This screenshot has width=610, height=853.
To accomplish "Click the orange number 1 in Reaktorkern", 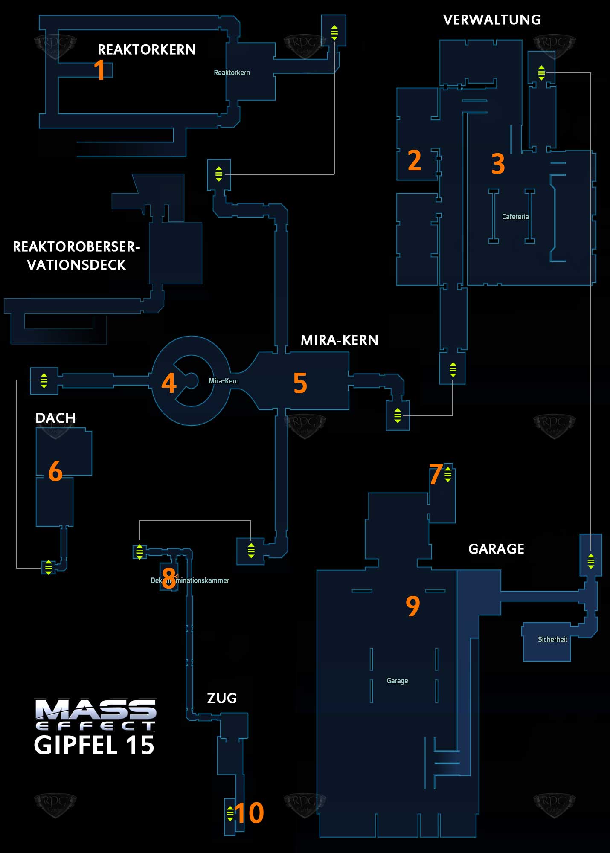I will [99, 70].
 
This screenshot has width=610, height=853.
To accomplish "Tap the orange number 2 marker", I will [414, 161].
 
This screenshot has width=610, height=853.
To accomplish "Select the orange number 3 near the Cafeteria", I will [498, 164].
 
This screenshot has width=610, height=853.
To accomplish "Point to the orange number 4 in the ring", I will [169, 383].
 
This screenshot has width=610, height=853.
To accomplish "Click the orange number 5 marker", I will [300, 383].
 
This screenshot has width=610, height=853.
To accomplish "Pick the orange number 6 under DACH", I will [55, 471].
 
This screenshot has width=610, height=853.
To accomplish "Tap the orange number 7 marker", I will [436, 474].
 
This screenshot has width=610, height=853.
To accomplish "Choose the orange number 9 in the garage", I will [412, 606].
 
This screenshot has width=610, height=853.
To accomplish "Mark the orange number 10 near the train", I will [249, 813].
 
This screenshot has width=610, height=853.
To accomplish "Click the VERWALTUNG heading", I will [492, 20].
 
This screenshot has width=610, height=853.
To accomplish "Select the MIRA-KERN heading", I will [339, 340].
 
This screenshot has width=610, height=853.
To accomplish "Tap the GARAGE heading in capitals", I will [496, 549].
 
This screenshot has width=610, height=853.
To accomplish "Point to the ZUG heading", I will [222, 698].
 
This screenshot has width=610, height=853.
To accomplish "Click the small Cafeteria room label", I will [515, 217].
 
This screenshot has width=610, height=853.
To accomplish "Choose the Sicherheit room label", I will [552, 639].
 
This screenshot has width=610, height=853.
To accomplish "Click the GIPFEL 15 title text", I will [94, 746].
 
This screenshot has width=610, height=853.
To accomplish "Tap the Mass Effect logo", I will [96, 715].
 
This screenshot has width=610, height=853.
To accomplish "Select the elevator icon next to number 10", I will [230, 813].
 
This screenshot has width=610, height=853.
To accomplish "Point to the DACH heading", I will [55, 418].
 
